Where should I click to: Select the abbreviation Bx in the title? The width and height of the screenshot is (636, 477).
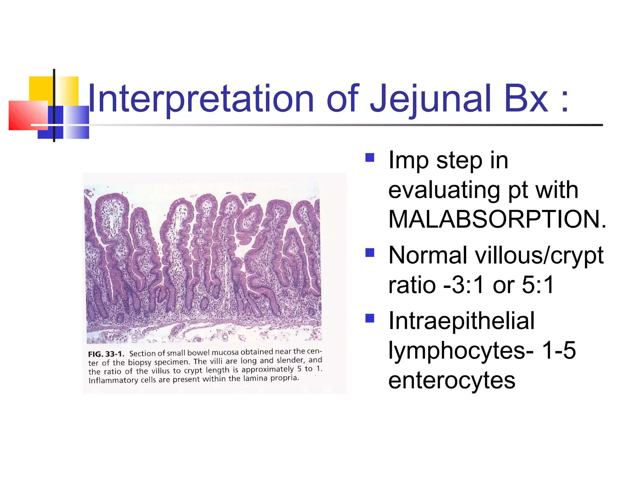click(x=526, y=99)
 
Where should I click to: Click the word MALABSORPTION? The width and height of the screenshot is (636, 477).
click(x=497, y=219)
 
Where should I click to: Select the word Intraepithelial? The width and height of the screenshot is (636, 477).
click(x=461, y=320)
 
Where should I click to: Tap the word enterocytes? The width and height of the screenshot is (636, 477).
click(x=452, y=380)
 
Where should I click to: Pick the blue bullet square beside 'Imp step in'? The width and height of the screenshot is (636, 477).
click(x=370, y=157)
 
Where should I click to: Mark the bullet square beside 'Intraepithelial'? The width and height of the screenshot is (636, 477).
click(x=370, y=318)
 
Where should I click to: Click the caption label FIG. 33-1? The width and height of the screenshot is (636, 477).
click(x=106, y=354)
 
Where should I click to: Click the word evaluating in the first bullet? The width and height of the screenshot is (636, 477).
click(x=444, y=190)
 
